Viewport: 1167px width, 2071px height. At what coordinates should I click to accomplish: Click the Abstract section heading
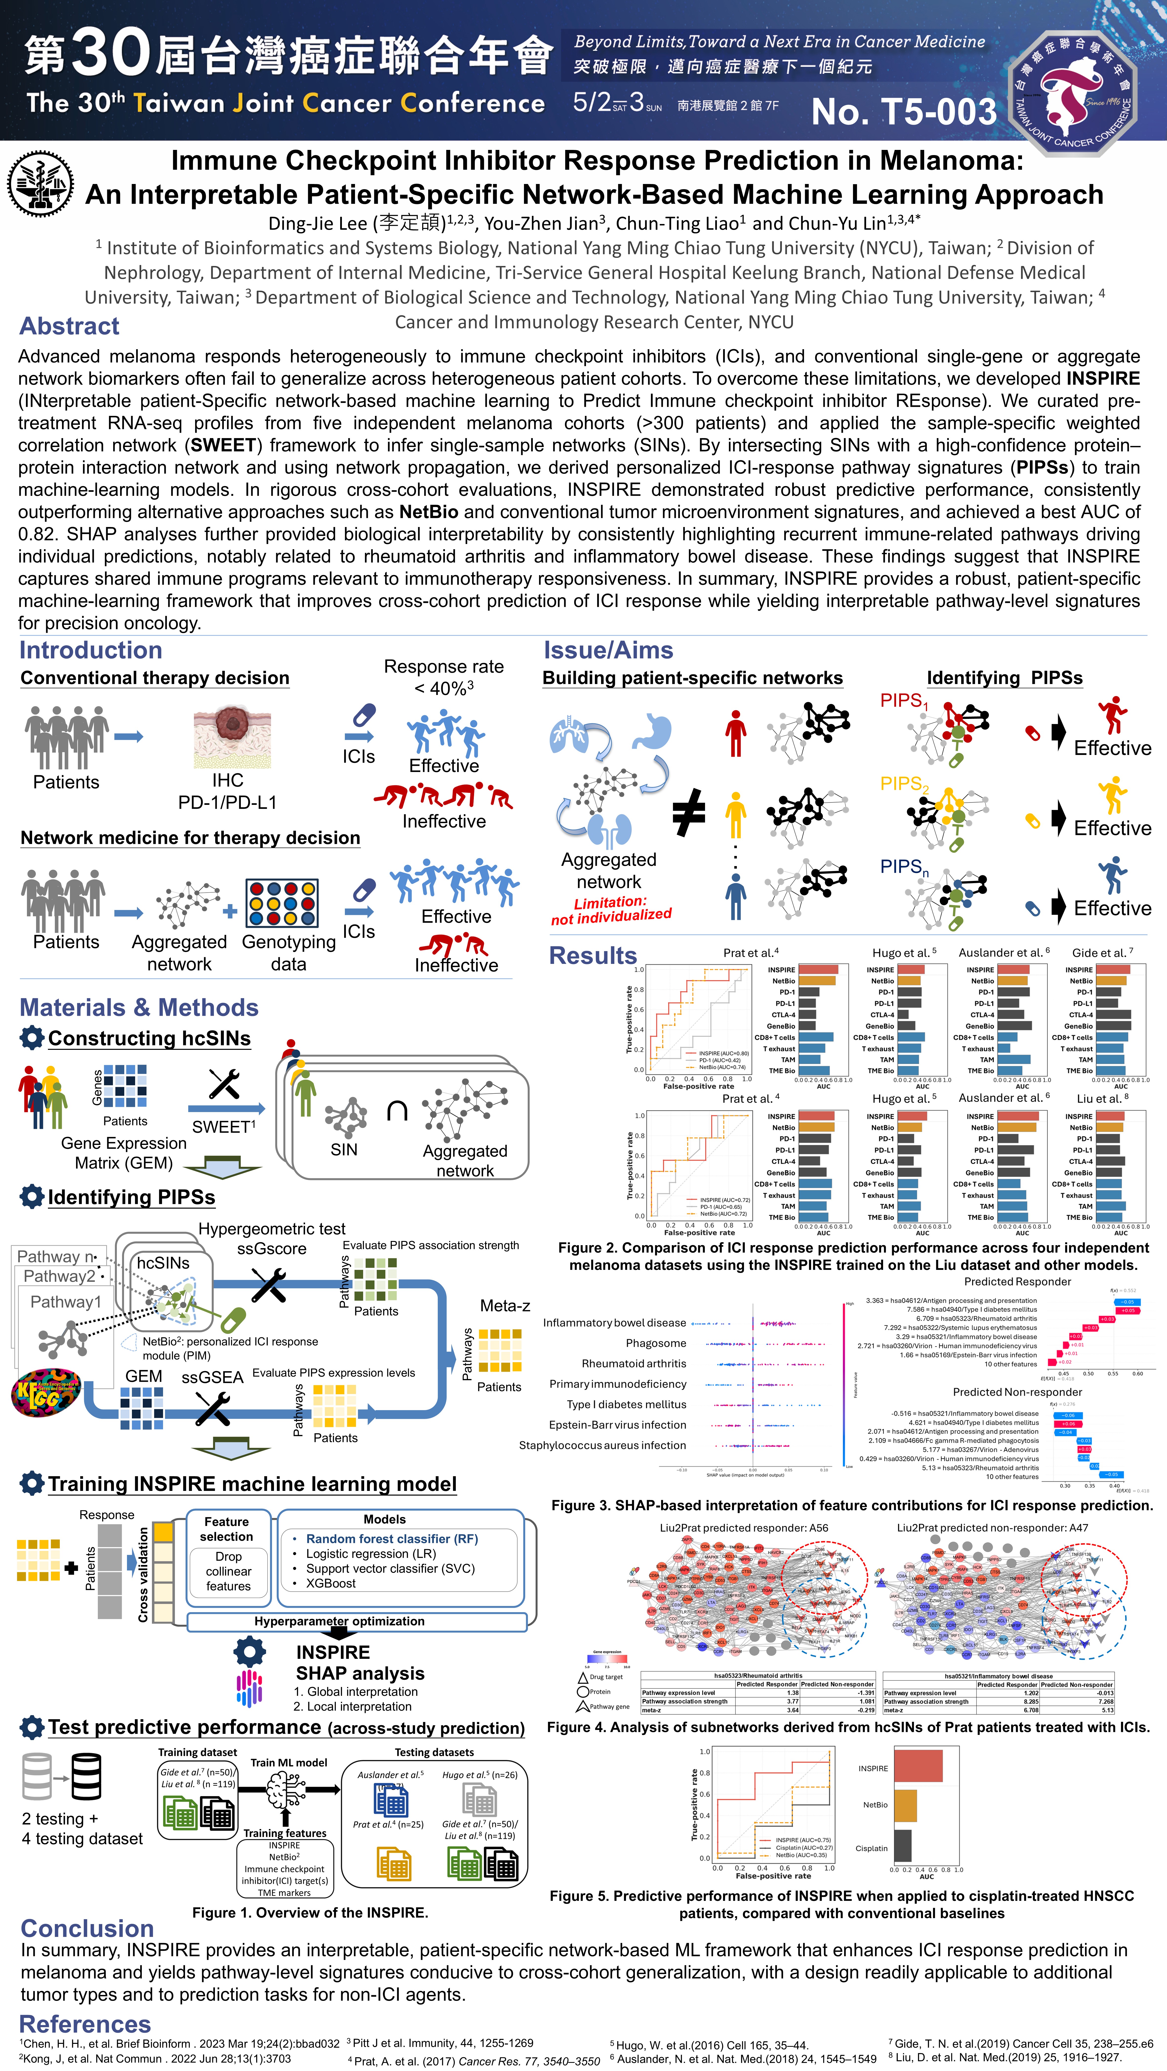69,326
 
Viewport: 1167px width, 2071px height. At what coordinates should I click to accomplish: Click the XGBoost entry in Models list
331,1583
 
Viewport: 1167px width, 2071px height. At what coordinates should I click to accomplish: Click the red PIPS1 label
903,701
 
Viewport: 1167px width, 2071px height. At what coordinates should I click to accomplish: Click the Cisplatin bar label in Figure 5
871,1848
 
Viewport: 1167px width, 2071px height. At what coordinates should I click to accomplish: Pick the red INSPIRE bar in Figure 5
918,1766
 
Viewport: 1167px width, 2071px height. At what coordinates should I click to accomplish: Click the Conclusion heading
87,1929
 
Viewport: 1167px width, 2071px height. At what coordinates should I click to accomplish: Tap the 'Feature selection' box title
227,1529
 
